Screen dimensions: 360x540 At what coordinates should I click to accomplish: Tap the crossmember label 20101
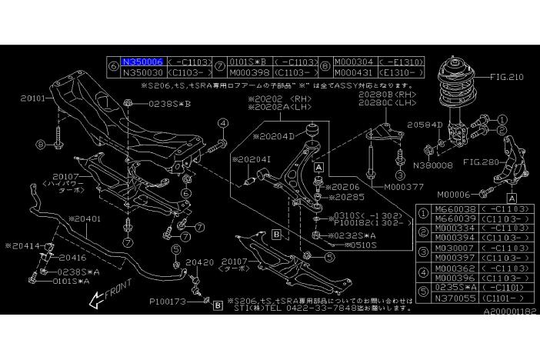point(34,98)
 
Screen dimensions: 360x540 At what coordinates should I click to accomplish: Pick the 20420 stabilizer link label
point(199,262)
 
